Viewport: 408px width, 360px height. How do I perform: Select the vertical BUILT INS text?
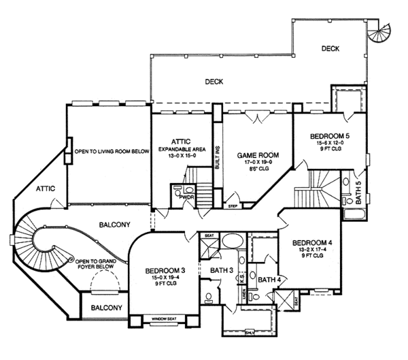tap(218, 157)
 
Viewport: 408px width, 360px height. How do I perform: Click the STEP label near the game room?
tap(233, 205)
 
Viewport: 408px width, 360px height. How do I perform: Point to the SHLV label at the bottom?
tap(251, 333)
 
